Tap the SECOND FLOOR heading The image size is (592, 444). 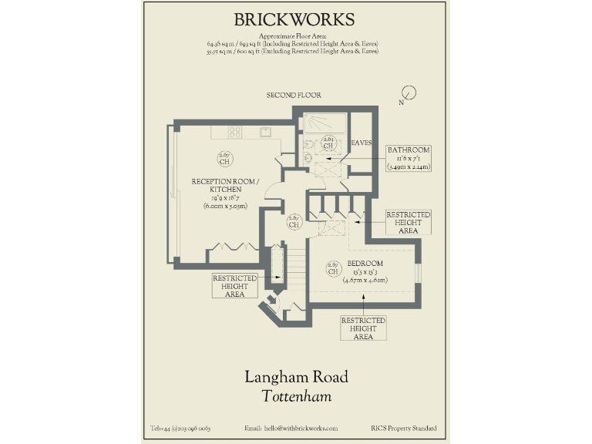pyautogui.click(x=294, y=95)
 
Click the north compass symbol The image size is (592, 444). pyautogui.click(x=409, y=94)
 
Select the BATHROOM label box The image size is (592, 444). pyautogui.click(x=409, y=157)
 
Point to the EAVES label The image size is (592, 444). pyautogui.click(x=362, y=143)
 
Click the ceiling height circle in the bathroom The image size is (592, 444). pyautogui.click(x=328, y=142)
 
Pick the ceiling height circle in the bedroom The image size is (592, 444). pyautogui.click(x=333, y=268)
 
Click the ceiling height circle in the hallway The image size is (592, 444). pyautogui.click(x=294, y=221)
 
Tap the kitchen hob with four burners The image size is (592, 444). pyautogui.click(x=235, y=132)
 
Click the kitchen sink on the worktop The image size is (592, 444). pyautogui.click(x=265, y=132)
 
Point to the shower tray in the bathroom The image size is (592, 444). pyautogui.click(x=325, y=123)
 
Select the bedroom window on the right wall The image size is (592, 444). pyautogui.click(x=418, y=274)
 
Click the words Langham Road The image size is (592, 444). pyautogui.click(x=296, y=377)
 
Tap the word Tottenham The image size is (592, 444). pyautogui.click(x=296, y=397)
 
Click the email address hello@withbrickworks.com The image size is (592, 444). pyautogui.click(x=291, y=429)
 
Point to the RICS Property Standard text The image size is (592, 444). pyautogui.click(x=402, y=429)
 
